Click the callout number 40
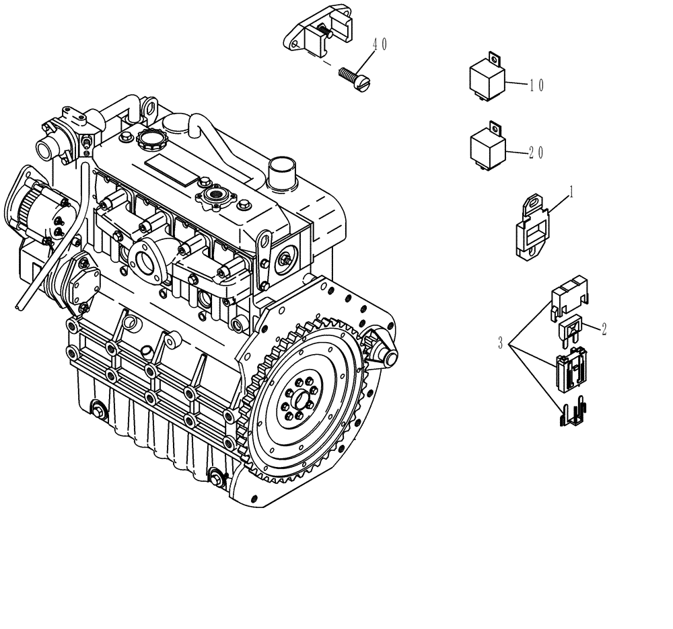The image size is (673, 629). [x=380, y=44]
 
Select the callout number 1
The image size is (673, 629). [x=571, y=192]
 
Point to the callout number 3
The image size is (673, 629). [x=500, y=344]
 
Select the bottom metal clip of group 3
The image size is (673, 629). [x=571, y=412]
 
